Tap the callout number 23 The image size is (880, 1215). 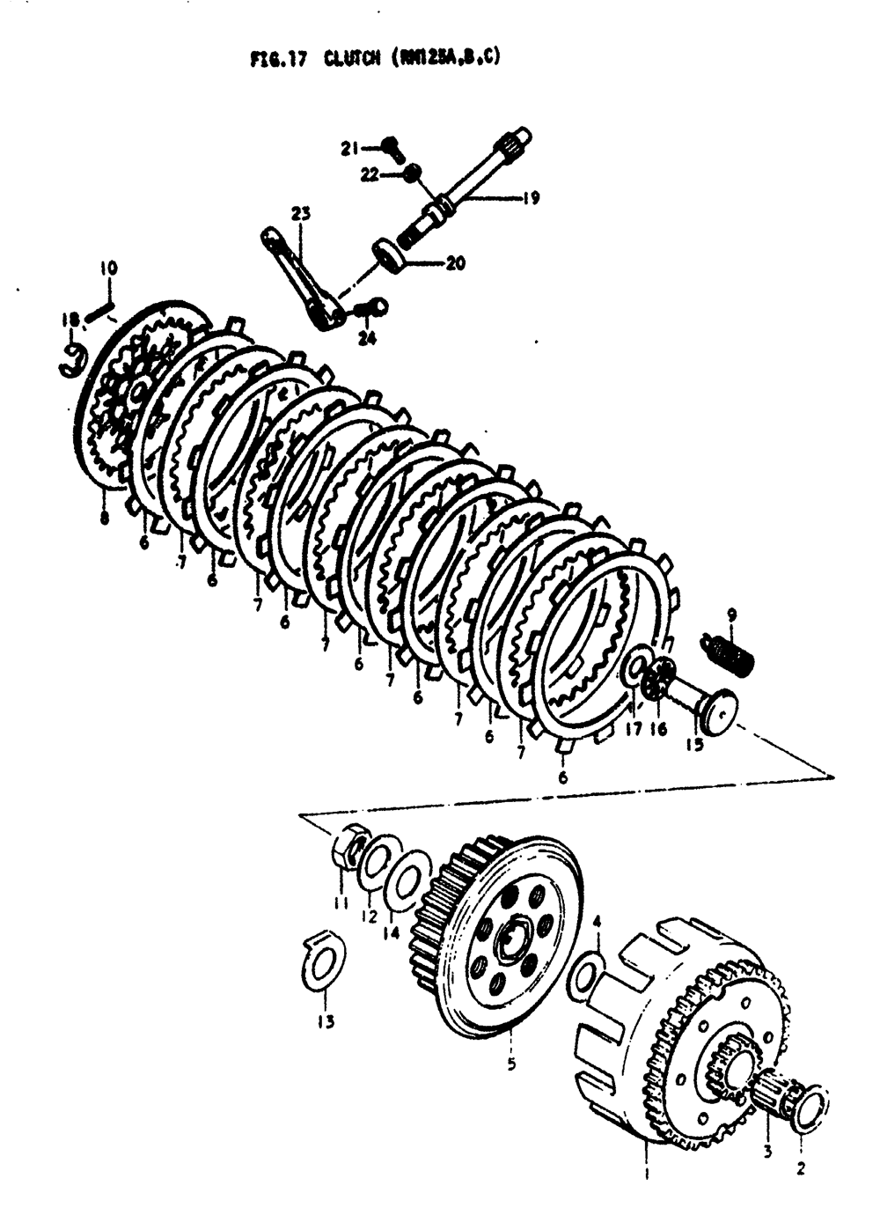click(301, 214)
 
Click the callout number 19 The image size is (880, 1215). click(531, 199)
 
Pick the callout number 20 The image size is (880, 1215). click(455, 262)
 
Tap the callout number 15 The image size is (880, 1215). click(694, 745)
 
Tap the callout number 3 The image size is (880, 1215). click(766, 1151)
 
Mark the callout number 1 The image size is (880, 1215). click(647, 1173)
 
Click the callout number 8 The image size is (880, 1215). click(105, 519)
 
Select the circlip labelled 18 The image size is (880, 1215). click(73, 360)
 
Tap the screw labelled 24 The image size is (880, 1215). click(374, 307)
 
